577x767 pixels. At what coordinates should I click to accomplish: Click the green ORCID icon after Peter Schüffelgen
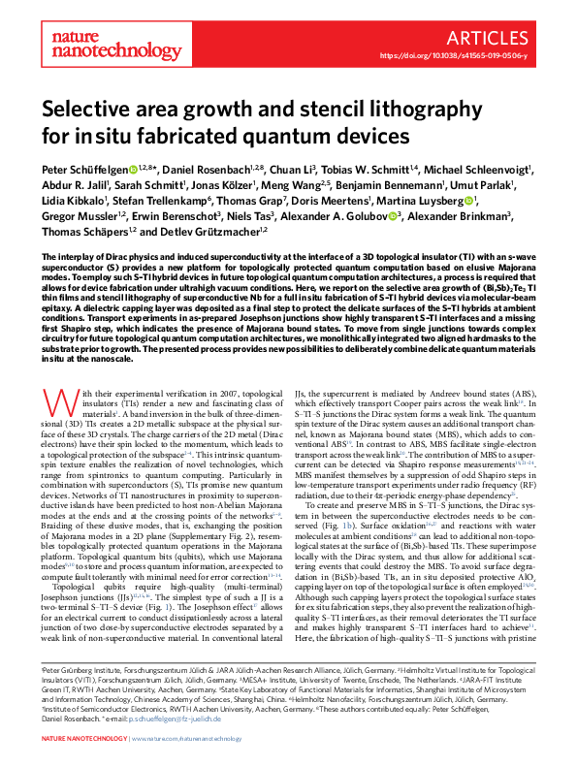click(132, 171)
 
